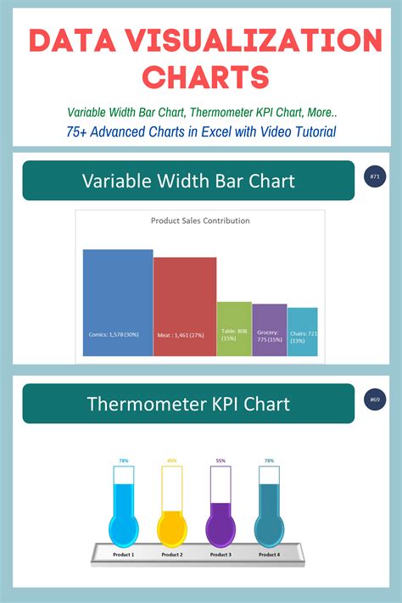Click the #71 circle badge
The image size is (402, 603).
tap(374, 176)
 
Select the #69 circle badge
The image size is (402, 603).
tap(374, 399)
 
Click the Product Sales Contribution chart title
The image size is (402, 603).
tap(200, 221)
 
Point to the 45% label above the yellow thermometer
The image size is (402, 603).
tap(172, 461)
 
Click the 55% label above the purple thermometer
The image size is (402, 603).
tap(221, 461)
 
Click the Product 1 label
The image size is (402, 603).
tap(124, 555)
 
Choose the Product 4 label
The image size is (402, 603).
tap(269, 555)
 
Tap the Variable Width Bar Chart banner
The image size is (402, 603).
tap(188, 181)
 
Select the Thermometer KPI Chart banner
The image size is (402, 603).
tap(188, 404)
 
